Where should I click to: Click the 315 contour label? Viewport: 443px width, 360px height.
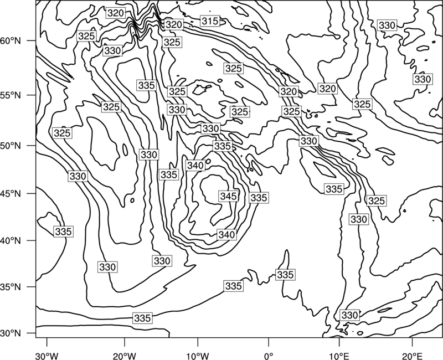(210, 21)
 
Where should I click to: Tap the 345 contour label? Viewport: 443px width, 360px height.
(229, 196)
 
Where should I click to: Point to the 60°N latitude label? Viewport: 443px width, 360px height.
(11, 41)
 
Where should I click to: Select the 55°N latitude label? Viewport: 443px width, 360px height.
(11, 95)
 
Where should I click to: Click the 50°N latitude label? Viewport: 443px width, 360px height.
(11, 146)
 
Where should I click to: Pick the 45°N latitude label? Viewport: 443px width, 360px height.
(11, 193)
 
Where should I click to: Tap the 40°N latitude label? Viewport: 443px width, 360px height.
(11, 241)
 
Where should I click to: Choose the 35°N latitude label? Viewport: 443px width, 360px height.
(11, 287)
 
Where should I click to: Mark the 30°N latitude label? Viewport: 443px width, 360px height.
(11, 333)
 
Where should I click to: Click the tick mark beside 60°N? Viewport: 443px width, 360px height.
(32, 40)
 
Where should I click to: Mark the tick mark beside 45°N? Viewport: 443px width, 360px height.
(32, 193)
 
